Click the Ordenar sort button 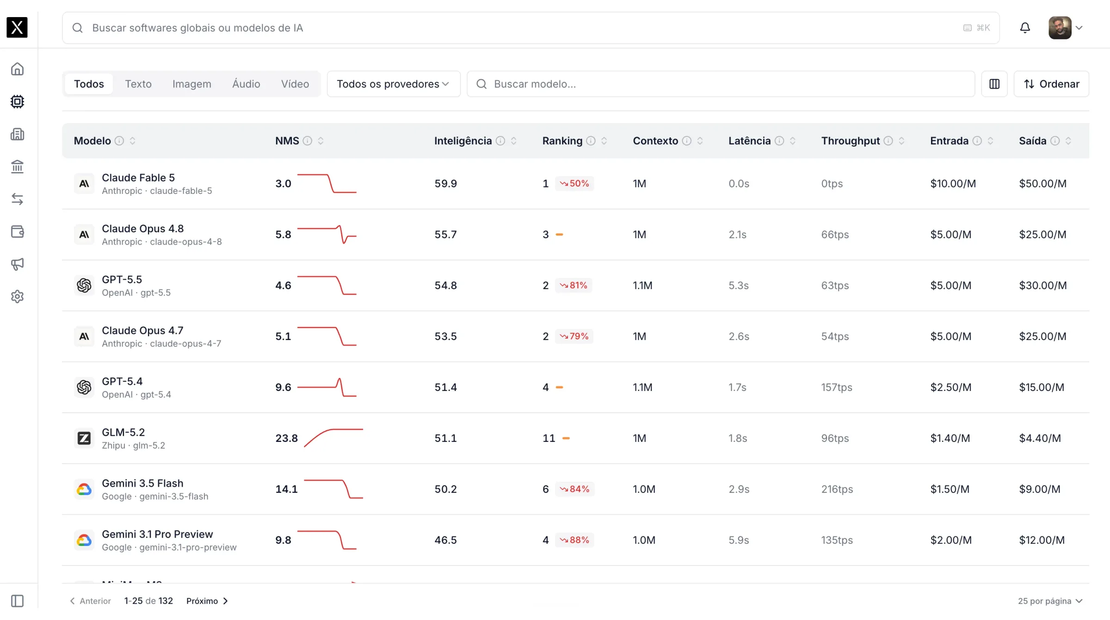click(x=1051, y=84)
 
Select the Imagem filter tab click(x=192, y=84)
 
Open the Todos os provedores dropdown click(x=394, y=84)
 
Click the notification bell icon click(x=1025, y=28)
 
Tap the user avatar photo click(x=1060, y=28)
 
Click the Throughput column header click(x=851, y=141)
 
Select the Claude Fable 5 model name click(x=138, y=178)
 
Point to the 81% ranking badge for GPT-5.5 click(x=573, y=285)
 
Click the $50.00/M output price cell click(x=1043, y=184)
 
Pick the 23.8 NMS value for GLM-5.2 click(x=287, y=438)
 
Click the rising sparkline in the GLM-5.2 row click(x=333, y=438)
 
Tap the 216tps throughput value click(x=837, y=489)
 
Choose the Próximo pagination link click(x=207, y=601)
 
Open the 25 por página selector click(x=1050, y=601)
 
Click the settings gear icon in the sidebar click(x=18, y=297)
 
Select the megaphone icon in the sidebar click(x=18, y=264)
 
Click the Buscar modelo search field click(x=721, y=84)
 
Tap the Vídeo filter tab click(x=295, y=84)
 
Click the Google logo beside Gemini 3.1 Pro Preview click(x=84, y=540)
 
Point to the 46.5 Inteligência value click(x=445, y=540)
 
